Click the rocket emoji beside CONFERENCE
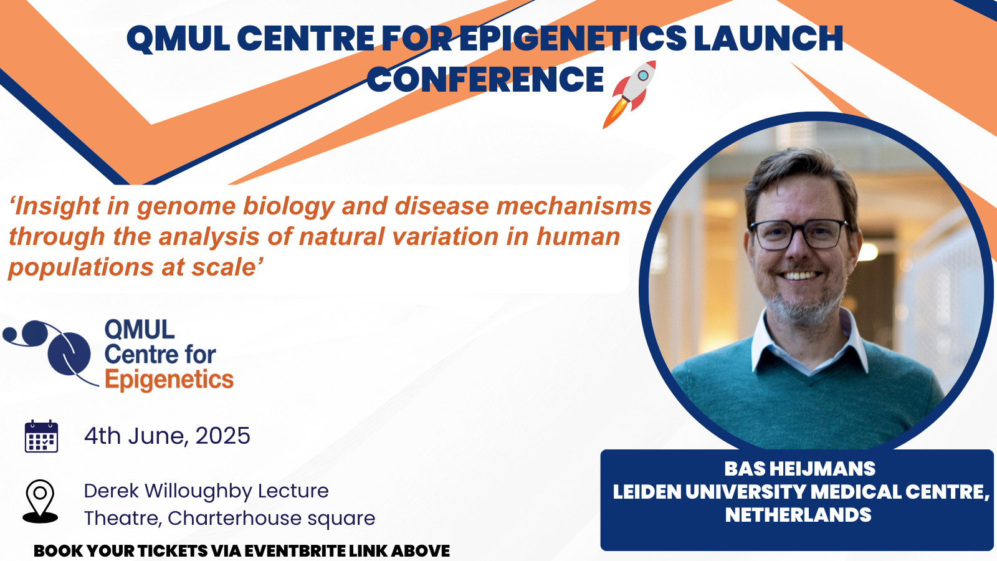click(629, 94)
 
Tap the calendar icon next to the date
click(41, 436)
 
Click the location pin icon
click(40, 501)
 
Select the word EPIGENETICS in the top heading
click(573, 38)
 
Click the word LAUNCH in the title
click(769, 38)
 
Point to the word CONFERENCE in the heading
click(485, 79)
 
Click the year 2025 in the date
click(222, 436)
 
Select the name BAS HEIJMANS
click(800, 469)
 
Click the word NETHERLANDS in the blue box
click(798, 515)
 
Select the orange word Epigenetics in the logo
click(169, 380)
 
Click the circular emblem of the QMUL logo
click(69, 355)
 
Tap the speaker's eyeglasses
click(799, 234)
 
